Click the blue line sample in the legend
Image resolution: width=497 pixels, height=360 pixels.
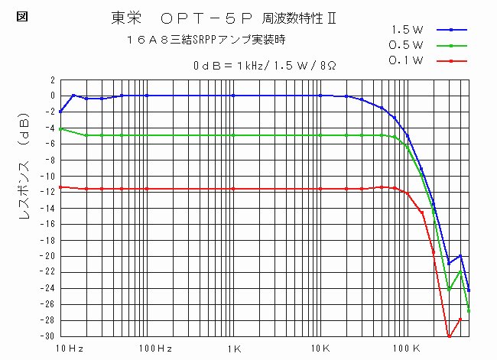click(x=452, y=30)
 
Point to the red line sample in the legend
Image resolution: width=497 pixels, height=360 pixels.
click(x=452, y=60)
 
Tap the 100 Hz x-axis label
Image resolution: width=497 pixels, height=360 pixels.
click(x=154, y=349)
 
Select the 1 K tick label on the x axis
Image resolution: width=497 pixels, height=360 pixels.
click(x=234, y=349)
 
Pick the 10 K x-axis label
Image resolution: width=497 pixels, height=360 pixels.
click(x=320, y=349)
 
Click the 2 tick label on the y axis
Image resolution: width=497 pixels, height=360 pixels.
click(x=51, y=79)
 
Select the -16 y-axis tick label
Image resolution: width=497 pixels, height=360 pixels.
click(x=47, y=224)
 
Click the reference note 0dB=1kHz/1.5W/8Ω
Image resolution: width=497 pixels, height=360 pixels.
click(x=265, y=66)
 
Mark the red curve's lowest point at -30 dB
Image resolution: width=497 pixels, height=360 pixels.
click(x=449, y=336)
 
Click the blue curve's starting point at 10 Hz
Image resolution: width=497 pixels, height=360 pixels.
click(x=60, y=112)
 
